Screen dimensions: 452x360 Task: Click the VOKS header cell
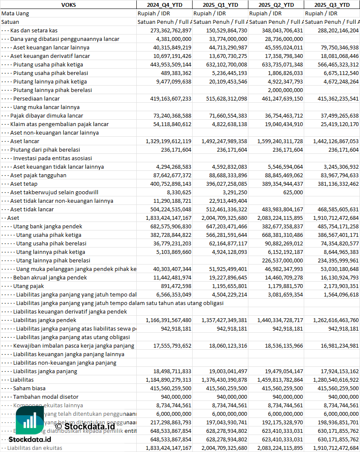(x=68, y=5)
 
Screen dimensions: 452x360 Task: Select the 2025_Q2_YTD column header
(x=276, y=5)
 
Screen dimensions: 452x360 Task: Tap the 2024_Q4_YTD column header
(x=164, y=5)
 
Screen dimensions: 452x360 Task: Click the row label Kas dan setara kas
(x=34, y=30)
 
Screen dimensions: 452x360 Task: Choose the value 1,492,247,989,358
(x=220, y=141)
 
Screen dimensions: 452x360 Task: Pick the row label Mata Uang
(x=15, y=13)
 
